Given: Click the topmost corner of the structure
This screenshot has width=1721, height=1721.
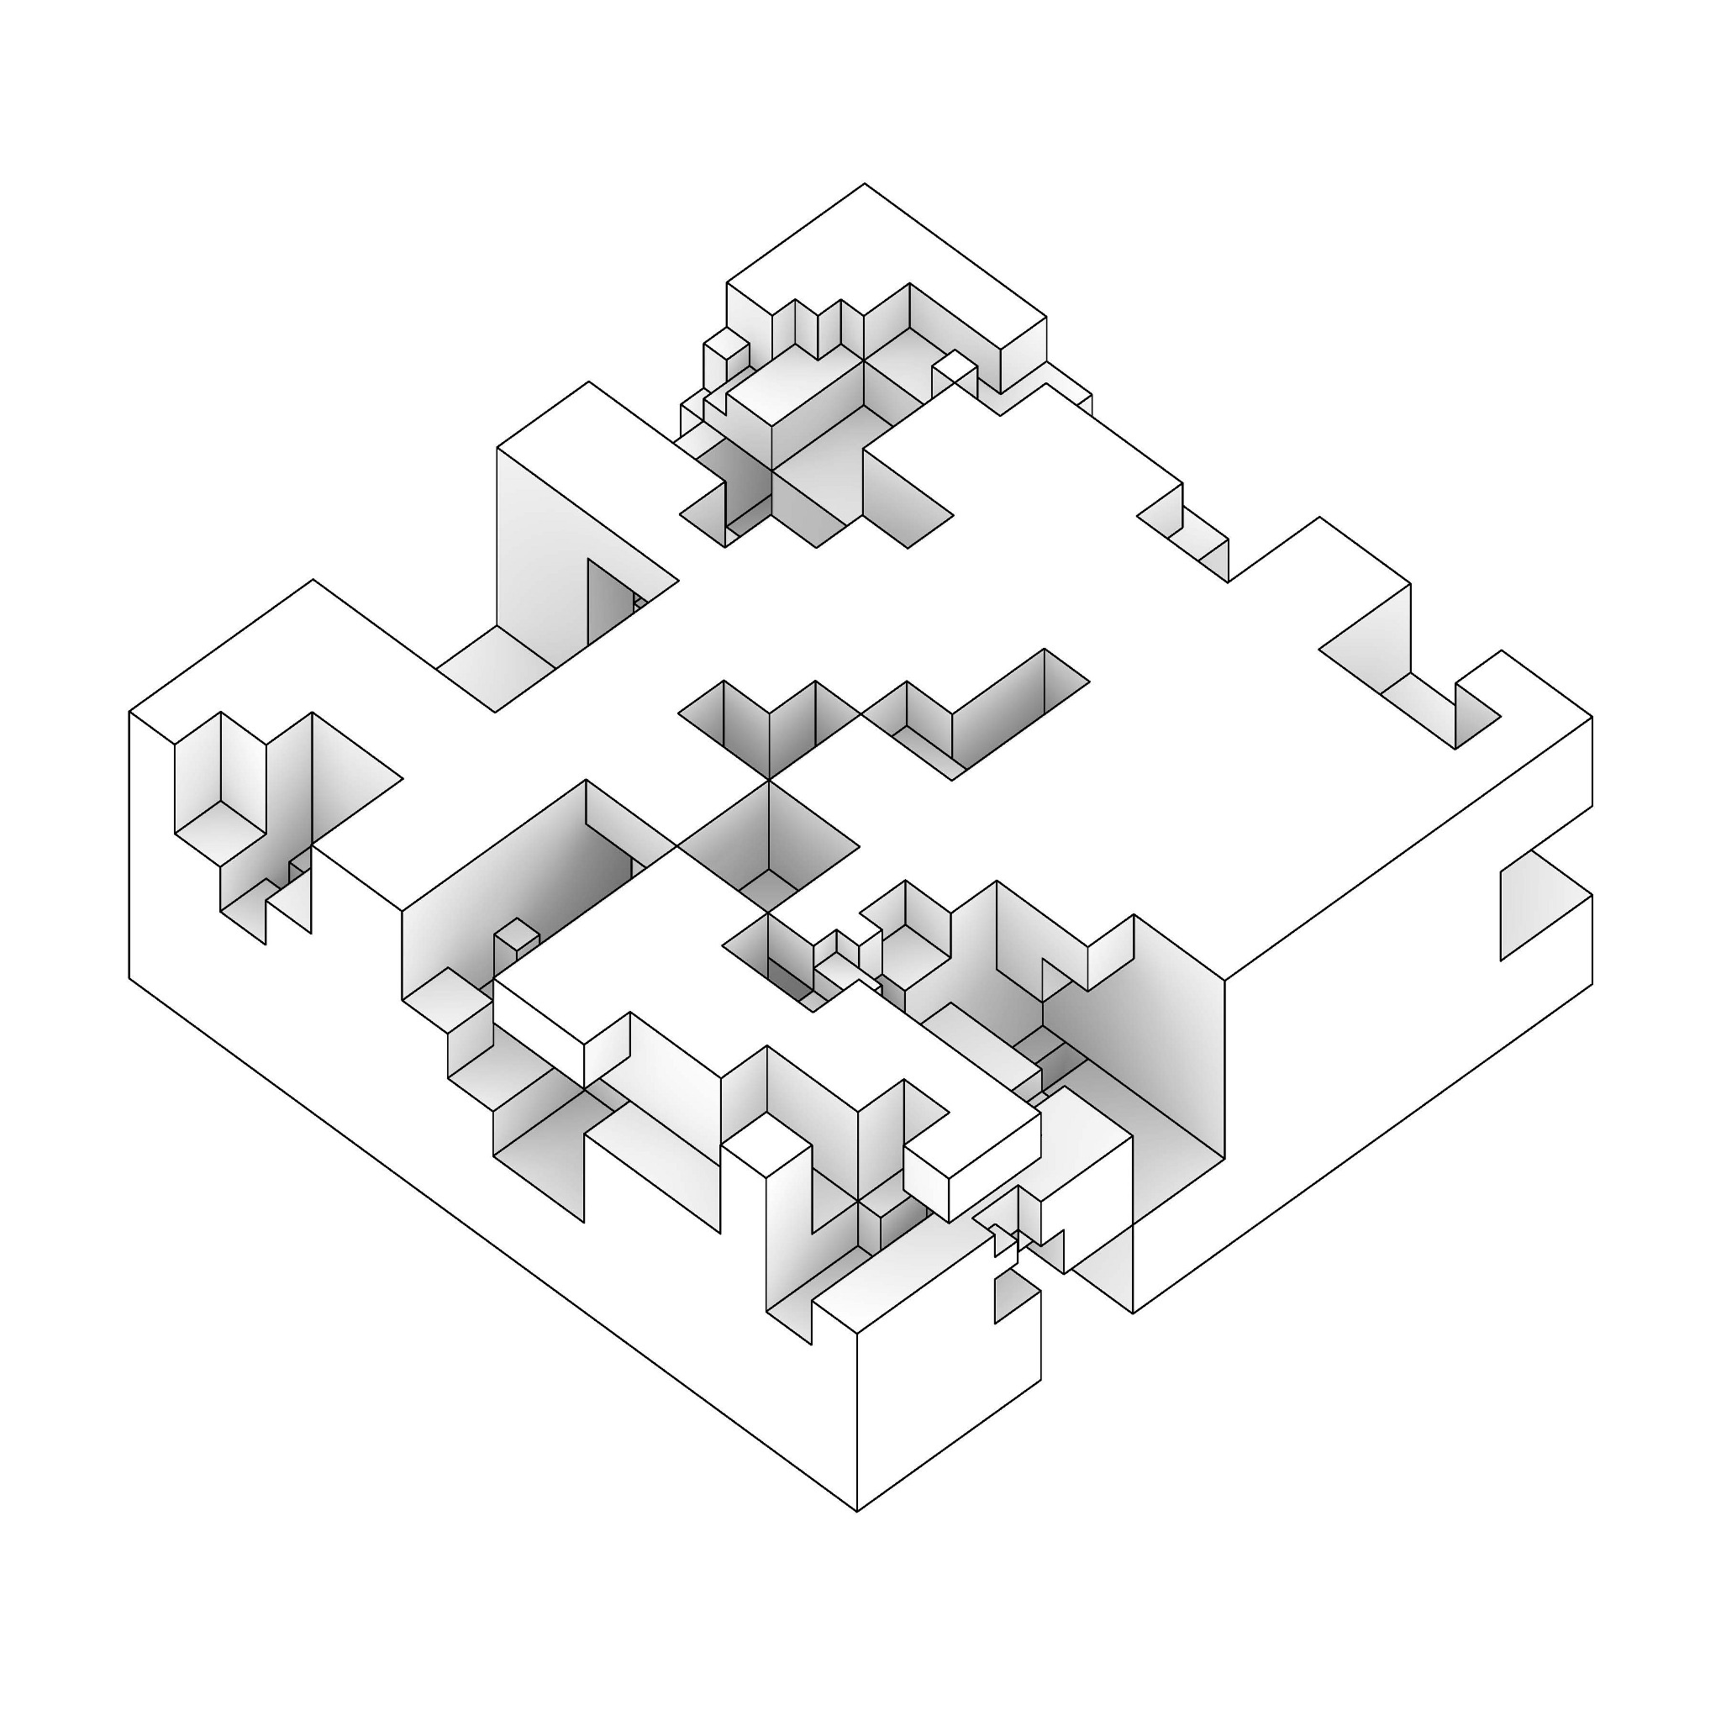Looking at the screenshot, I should point(863,184).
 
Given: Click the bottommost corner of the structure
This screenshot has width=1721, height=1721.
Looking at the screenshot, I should point(857,1512).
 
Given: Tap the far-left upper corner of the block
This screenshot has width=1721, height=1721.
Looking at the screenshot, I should point(130,712).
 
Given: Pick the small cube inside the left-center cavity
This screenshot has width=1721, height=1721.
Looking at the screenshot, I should point(517,938).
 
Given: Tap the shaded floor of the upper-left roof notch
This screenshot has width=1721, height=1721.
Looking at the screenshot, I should point(496,669).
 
